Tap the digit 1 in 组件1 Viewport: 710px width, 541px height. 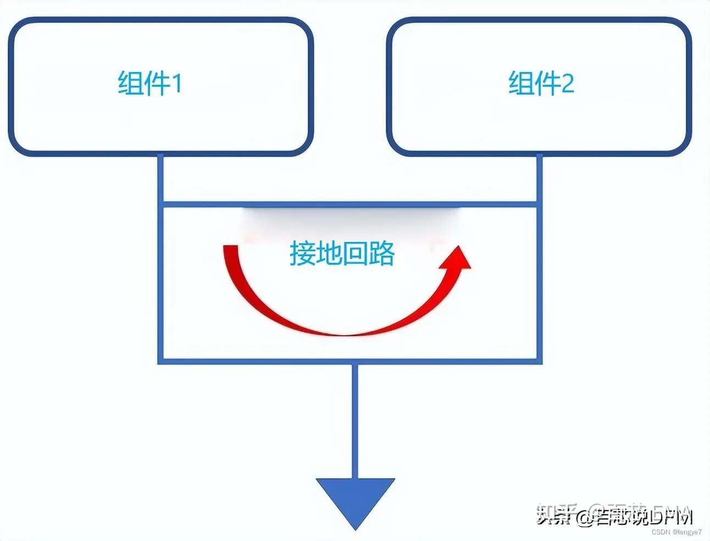click(x=176, y=84)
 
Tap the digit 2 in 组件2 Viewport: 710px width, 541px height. click(x=568, y=84)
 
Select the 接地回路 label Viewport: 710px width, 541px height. click(x=342, y=254)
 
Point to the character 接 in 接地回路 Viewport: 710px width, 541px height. click(x=302, y=254)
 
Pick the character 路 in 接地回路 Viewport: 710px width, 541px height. click(x=382, y=254)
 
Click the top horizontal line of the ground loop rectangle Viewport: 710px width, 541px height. click(x=350, y=205)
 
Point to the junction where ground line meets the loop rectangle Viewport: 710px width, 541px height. click(x=355, y=361)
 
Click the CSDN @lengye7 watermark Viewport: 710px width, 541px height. click(x=676, y=532)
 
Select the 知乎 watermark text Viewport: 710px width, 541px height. click(x=554, y=516)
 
